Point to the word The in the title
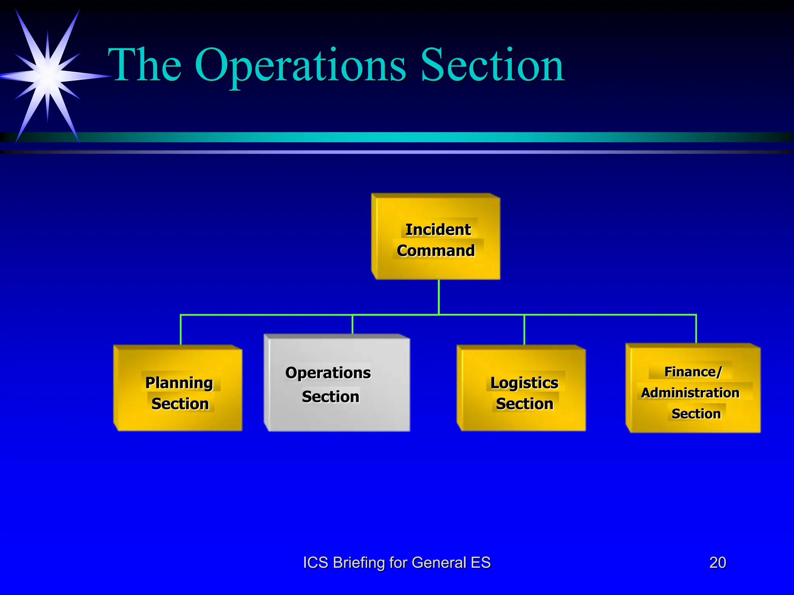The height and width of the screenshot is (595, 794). pyautogui.click(x=145, y=65)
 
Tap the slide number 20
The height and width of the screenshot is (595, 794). pyautogui.click(x=717, y=562)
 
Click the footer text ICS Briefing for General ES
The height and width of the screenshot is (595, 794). pyautogui.click(x=397, y=562)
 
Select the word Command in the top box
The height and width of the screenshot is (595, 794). pyautogui.click(x=436, y=251)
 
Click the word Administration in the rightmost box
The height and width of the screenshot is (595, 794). pyautogui.click(x=690, y=393)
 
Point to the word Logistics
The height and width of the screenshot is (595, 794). pyautogui.click(x=524, y=383)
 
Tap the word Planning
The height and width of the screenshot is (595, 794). pyautogui.click(x=179, y=383)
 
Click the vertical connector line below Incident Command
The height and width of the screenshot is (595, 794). pyautogui.click(x=439, y=296)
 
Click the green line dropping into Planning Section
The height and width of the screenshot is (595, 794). pyautogui.click(x=181, y=329)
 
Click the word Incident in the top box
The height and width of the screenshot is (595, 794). pyautogui.click(x=438, y=230)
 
